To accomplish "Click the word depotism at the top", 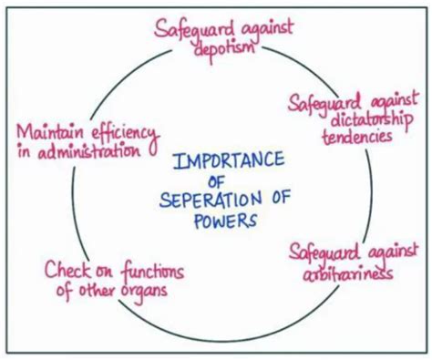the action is (223, 48).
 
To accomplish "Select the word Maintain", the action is (51, 131).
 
